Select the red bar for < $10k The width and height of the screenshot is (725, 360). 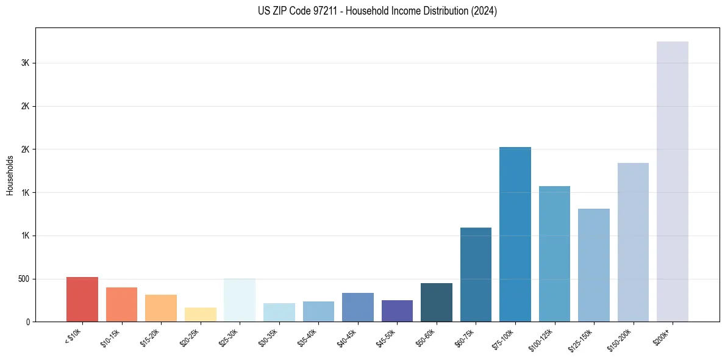pos(82,299)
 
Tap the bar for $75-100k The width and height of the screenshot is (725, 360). pos(515,234)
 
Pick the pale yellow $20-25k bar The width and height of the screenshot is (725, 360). pos(201,314)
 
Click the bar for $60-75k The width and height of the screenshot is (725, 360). pos(476,275)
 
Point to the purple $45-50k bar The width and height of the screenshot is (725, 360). pos(397,311)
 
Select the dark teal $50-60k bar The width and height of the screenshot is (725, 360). pos(437,302)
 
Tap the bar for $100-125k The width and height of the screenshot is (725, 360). pos(554,254)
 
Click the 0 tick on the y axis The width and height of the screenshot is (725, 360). pos(28,322)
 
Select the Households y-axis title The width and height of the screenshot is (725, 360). pos(10,175)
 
